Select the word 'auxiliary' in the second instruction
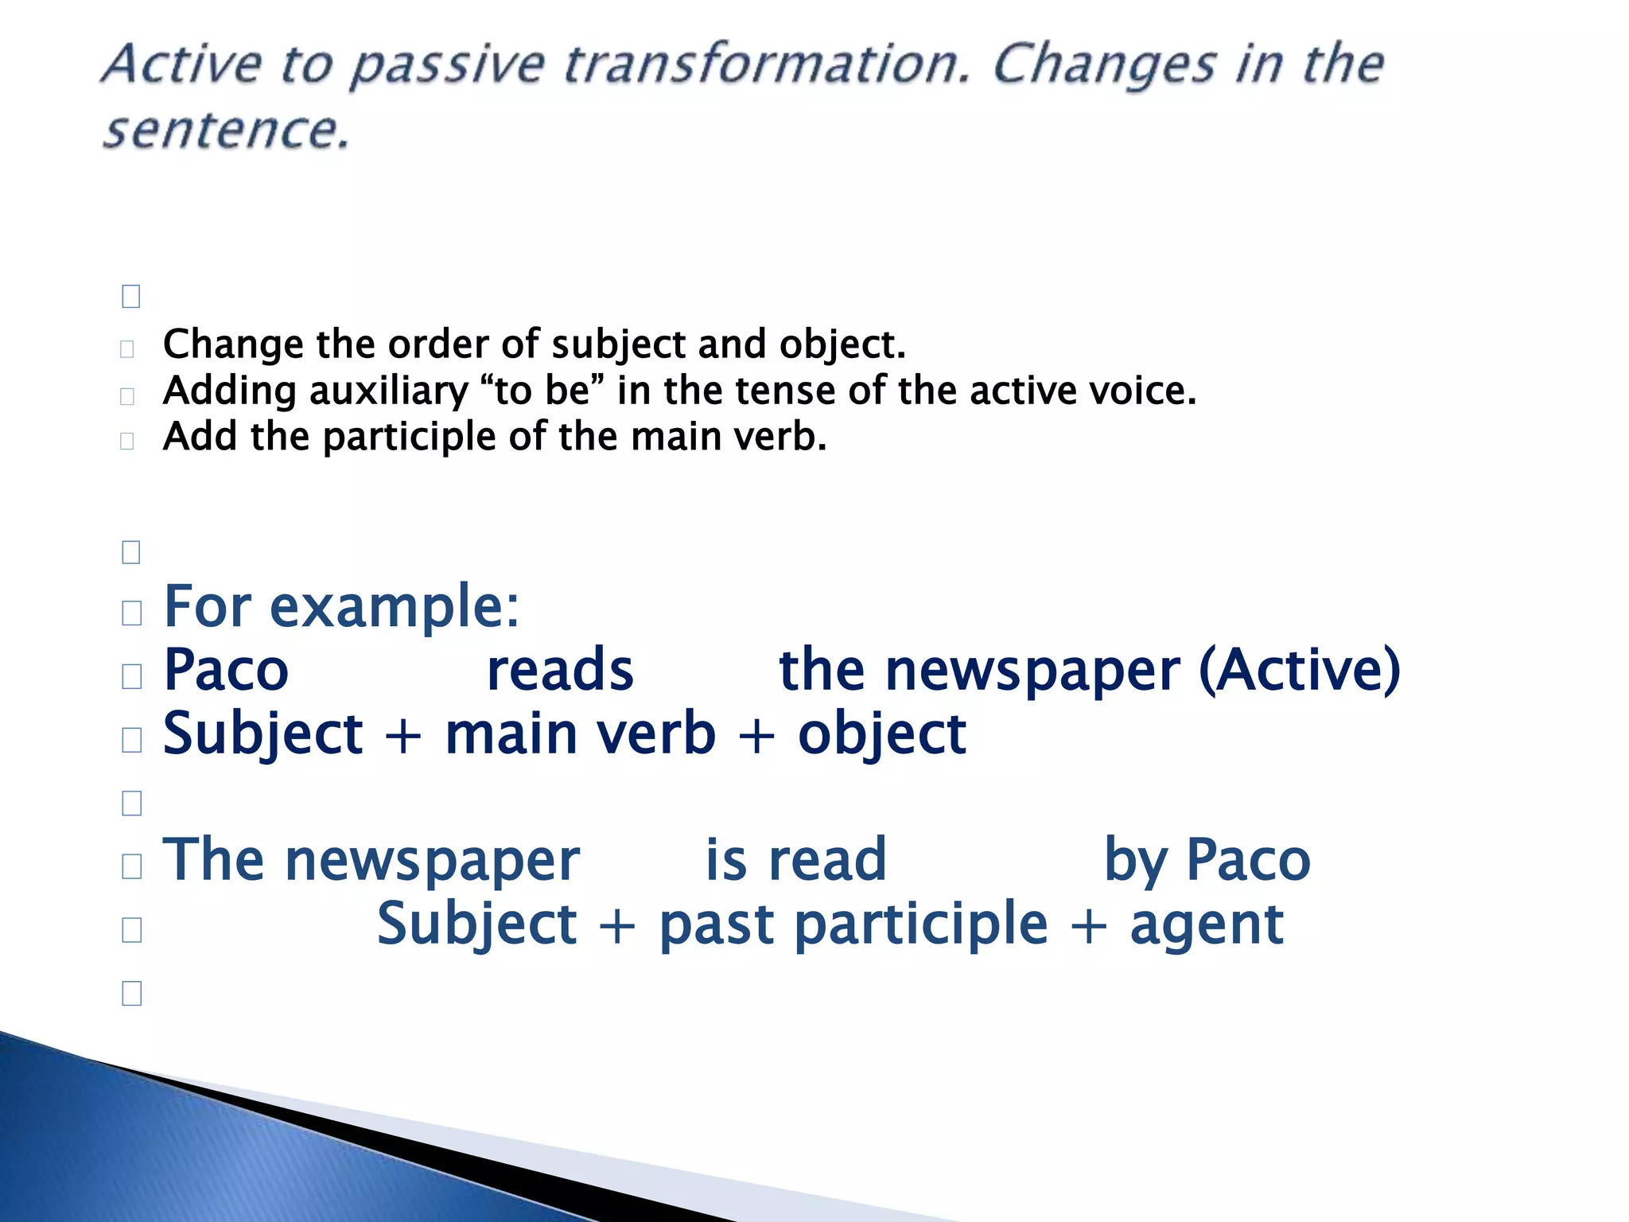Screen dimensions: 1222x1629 point(388,391)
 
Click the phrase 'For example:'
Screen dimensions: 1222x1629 point(341,607)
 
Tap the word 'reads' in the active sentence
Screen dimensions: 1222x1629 point(560,670)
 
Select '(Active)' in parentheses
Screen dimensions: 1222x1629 point(1299,670)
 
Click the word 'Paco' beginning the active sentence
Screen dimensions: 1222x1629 point(226,670)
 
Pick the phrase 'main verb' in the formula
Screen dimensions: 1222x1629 point(580,734)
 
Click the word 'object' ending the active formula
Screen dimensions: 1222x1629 point(881,735)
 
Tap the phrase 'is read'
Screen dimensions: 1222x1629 point(795,860)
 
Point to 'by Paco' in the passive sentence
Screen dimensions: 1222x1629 point(1207,862)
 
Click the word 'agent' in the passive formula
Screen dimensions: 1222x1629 point(1206,925)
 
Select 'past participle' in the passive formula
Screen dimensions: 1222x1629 point(853,925)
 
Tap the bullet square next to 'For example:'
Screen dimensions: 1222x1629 point(132,613)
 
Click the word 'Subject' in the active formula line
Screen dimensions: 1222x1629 point(262,734)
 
